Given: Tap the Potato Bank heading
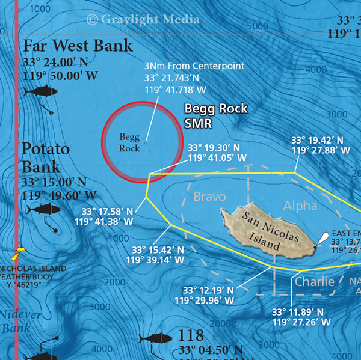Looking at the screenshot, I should click(46, 157).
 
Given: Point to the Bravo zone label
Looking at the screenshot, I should click(209, 197).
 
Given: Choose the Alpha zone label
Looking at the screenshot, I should click(300, 206).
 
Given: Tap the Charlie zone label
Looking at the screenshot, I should click(314, 281).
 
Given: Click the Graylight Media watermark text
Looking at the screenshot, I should click(143, 19).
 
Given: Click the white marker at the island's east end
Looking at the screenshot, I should click(324, 238).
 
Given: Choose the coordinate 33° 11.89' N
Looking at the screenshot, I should click(297, 312).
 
